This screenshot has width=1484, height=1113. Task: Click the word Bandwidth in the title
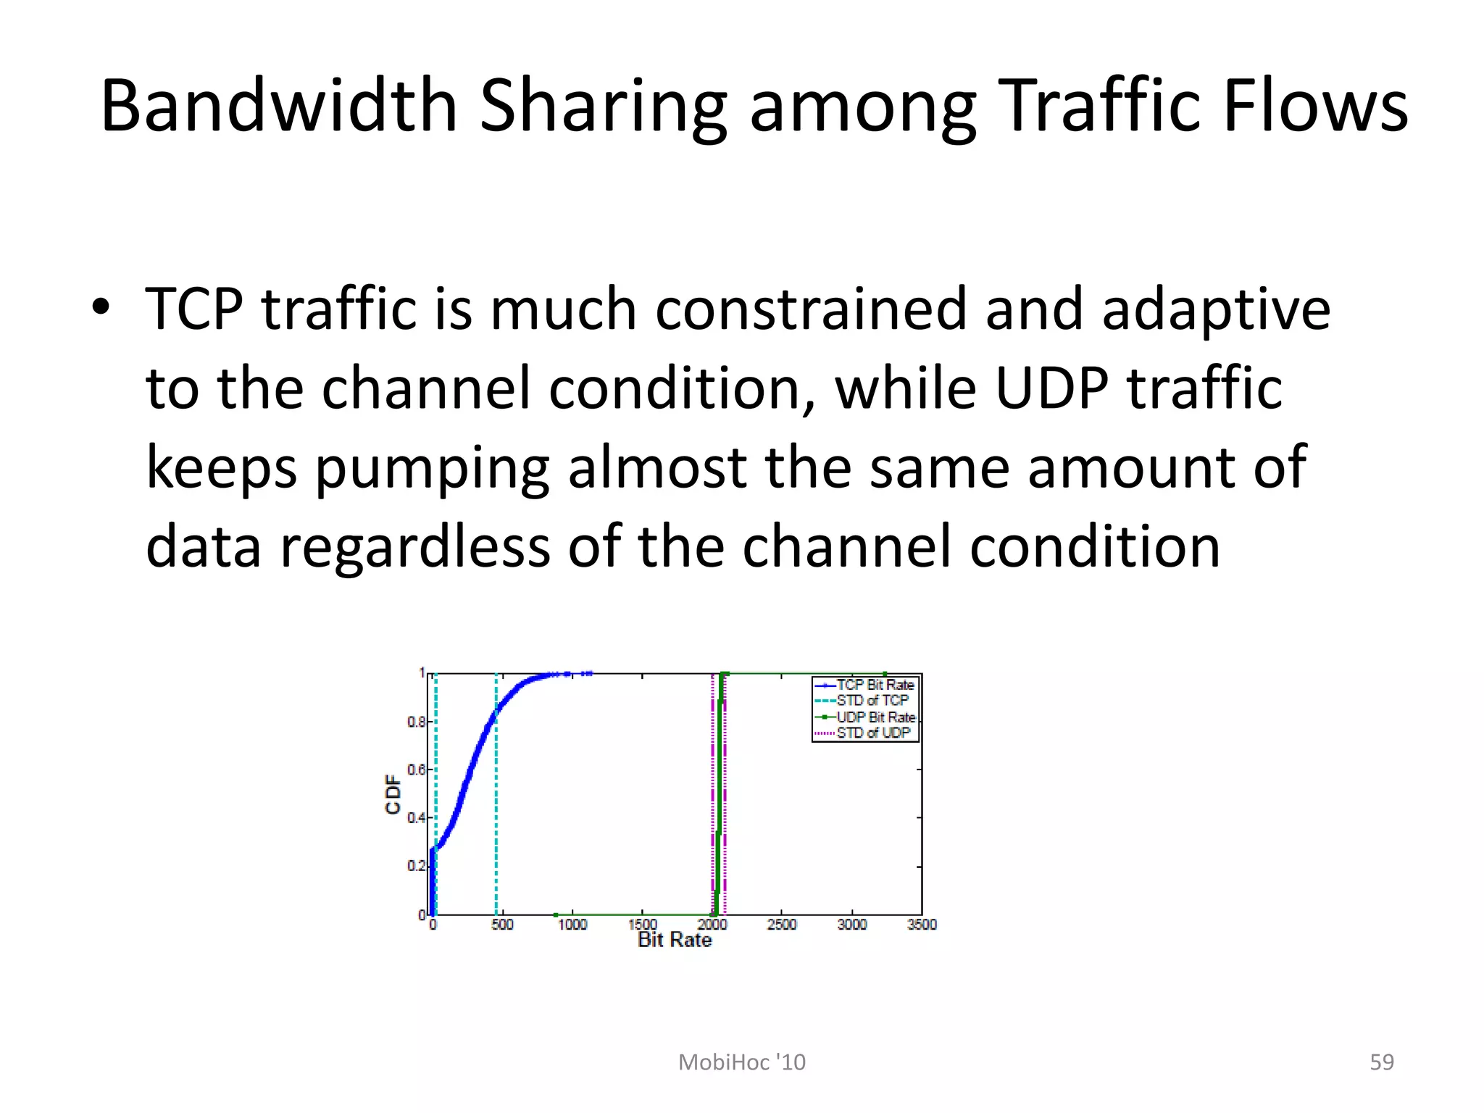279,107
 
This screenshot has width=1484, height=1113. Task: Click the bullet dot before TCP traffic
101,307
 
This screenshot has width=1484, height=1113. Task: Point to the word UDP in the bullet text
1051,388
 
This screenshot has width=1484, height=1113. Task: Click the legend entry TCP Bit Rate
875,685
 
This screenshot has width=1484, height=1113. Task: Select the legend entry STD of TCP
872,701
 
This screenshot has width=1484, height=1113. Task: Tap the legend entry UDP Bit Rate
876,717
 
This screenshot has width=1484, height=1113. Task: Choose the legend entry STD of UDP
873,733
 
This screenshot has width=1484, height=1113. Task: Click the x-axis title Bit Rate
675,941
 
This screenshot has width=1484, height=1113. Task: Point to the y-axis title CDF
393,794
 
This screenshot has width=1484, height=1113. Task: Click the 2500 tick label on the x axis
782,925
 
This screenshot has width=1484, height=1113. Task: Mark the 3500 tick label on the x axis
922,925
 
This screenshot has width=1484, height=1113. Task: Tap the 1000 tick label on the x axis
572,925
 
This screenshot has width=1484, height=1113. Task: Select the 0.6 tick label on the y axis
416,770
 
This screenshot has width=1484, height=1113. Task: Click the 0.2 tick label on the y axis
416,866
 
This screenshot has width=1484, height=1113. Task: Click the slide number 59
1381,1062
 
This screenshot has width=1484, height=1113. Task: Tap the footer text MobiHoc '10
741,1062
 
